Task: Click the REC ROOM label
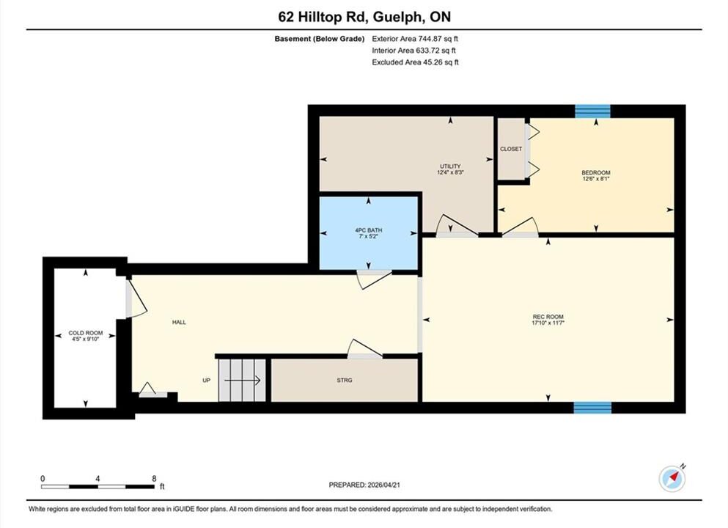point(548,317)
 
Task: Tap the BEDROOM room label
point(596,173)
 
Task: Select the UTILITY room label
point(450,166)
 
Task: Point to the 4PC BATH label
point(369,230)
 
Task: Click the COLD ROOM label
point(86,333)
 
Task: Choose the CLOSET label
point(511,149)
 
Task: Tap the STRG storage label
point(345,381)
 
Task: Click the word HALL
point(179,322)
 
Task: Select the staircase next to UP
point(242,381)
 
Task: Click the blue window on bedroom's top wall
point(592,111)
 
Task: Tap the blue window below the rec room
point(592,408)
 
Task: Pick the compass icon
point(672,479)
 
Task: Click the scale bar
point(98,487)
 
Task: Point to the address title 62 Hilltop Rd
point(364,17)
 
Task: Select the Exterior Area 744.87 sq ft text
point(415,39)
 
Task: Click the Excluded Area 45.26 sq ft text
point(415,62)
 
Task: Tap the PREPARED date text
point(364,485)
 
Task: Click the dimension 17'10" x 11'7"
point(548,323)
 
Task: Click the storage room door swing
point(365,349)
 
